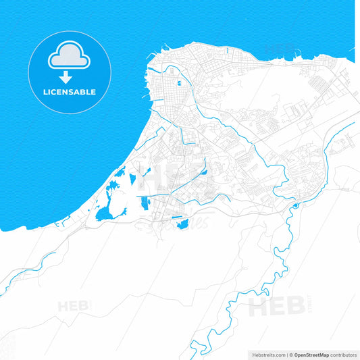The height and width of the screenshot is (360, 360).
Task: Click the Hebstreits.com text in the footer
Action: point(266,355)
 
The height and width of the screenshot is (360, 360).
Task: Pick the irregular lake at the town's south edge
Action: point(181,222)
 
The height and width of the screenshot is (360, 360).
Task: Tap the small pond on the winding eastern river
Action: point(295,205)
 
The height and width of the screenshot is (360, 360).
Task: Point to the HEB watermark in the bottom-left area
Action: point(74,306)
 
